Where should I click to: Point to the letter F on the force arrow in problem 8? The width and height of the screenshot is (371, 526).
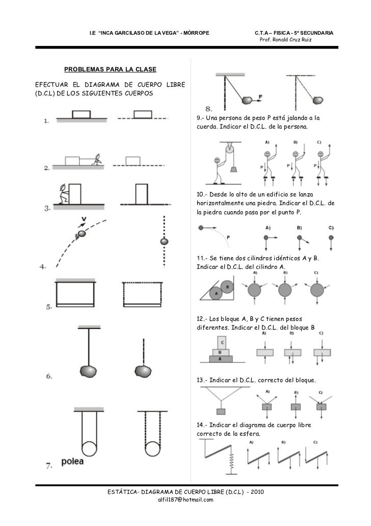(x=261, y=96)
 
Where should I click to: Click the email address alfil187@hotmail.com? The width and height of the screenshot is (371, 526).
(x=185, y=499)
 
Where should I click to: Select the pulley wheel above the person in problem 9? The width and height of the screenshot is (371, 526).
(x=230, y=149)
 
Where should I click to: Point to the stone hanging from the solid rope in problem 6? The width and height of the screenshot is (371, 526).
(x=88, y=369)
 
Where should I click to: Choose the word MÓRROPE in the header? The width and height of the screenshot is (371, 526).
(x=197, y=33)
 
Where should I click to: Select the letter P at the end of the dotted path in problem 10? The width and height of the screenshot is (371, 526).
(x=228, y=237)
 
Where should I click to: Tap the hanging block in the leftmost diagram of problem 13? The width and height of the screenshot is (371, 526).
(x=221, y=411)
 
